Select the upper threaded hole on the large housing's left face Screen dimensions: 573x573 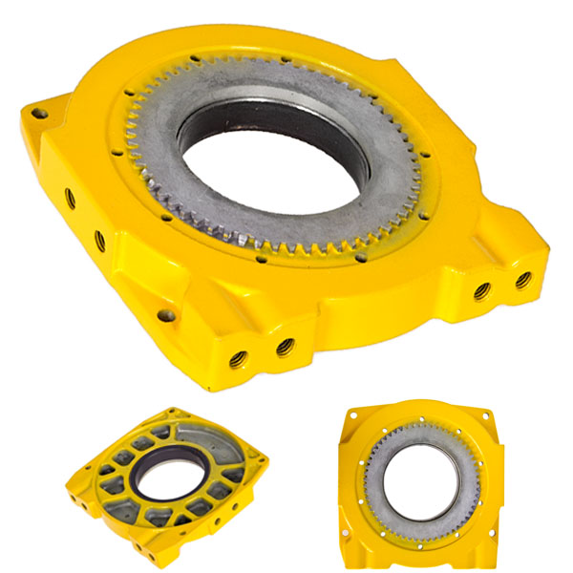point(71,200)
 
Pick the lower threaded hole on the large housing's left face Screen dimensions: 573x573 point(98,236)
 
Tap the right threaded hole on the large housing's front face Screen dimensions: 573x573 point(284,347)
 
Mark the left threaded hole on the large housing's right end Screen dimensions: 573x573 point(482,289)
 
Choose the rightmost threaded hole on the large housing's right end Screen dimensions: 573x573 point(522,280)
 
